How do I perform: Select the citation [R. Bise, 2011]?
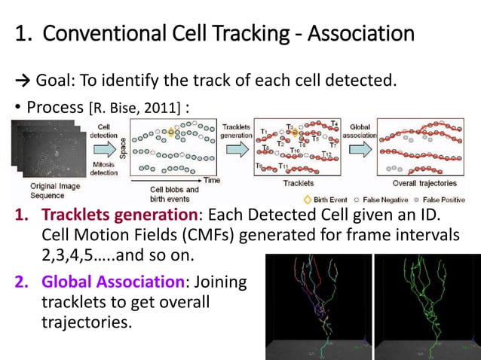[x=135, y=109]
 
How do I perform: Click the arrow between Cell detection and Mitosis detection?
[x=106, y=146]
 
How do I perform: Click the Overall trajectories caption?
[x=425, y=183]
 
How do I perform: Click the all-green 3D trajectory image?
[x=426, y=305]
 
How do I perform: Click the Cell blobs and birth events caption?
[x=174, y=194]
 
